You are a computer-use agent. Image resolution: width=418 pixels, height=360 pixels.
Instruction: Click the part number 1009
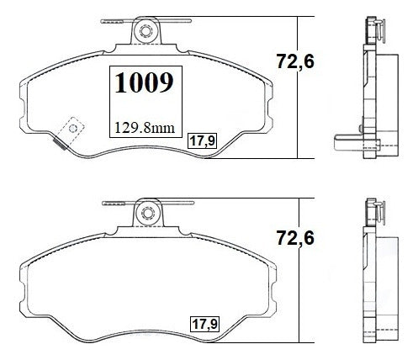[145, 82]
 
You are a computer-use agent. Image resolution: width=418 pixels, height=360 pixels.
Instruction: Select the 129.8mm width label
[145, 128]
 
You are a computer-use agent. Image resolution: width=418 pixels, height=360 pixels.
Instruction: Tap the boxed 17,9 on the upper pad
[203, 140]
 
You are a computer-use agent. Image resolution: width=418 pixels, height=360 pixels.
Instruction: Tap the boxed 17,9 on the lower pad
[205, 324]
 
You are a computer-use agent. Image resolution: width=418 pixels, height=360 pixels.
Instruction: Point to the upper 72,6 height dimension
[295, 61]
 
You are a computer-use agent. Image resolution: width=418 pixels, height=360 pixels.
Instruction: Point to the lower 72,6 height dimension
[295, 238]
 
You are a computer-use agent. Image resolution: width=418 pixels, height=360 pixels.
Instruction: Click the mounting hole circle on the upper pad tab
[146, 31]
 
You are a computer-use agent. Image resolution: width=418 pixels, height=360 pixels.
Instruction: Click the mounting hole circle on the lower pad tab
[148, 213]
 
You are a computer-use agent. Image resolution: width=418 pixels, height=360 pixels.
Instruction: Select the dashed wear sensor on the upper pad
[71, 131]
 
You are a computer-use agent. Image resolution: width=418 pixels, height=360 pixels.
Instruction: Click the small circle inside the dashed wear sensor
[73, 129]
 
